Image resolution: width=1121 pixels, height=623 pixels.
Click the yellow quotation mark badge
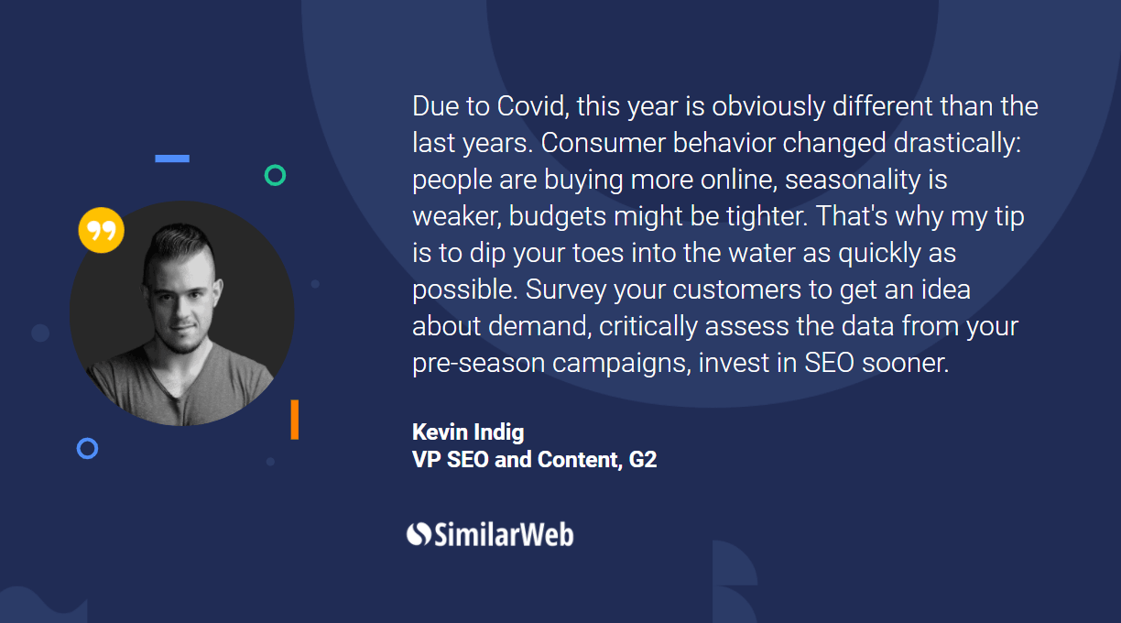[102, 230]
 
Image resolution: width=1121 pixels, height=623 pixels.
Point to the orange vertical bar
[295, 420]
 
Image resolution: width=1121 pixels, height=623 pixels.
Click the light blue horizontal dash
[172, 158]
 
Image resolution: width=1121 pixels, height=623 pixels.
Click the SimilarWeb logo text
[504, 534]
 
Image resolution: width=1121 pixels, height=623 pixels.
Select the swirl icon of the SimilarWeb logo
[419, 534]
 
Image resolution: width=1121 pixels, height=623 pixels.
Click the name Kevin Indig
[468, 432]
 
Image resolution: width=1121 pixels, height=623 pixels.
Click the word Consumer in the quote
[603, 143]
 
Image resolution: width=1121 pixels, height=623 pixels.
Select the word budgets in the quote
[558, 216]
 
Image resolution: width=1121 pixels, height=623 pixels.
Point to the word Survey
[565, 290]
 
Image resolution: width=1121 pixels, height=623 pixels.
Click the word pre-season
[478, 363]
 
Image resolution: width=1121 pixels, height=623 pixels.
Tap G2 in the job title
[643, 460]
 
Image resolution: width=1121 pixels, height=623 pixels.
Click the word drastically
[957, 143]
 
